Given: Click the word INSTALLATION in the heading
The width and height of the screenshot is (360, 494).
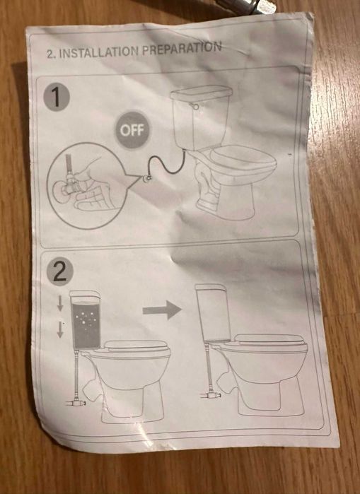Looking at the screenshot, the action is point(99,52).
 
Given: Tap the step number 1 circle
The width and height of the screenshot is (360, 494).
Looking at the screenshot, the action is point(57,98).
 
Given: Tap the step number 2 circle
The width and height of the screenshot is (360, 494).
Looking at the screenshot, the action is point(60,271).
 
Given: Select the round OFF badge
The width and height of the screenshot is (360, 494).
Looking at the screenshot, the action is point(132,130).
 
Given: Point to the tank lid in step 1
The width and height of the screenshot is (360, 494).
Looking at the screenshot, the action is point(202,93).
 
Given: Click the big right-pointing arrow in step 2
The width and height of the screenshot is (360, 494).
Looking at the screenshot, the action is point(162,310).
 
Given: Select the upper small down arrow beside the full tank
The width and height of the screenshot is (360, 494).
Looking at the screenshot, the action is point(60,303).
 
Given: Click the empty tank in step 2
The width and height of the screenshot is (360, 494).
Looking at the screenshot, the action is point(212,312).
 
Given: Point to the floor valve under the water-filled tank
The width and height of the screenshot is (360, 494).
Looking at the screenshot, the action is point(76,402).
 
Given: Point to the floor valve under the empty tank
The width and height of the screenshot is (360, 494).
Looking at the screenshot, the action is point(210,394).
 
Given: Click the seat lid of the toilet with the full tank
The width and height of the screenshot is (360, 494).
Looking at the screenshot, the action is point(136,346).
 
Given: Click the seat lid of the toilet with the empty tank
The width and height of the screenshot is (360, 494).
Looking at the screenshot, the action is point(269,339).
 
